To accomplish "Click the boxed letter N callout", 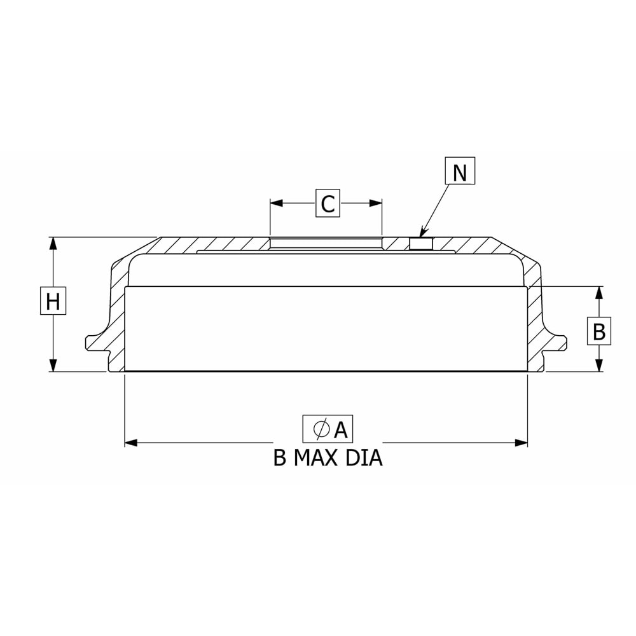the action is pos(460,170).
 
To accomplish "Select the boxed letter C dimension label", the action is pos(328,203).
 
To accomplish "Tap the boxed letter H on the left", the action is pos(53,301).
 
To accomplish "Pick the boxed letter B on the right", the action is pos(599,331).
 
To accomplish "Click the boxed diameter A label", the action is pos(328,429).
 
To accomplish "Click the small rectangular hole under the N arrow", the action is pos(421,244).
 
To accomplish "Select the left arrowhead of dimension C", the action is pos(276,203).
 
